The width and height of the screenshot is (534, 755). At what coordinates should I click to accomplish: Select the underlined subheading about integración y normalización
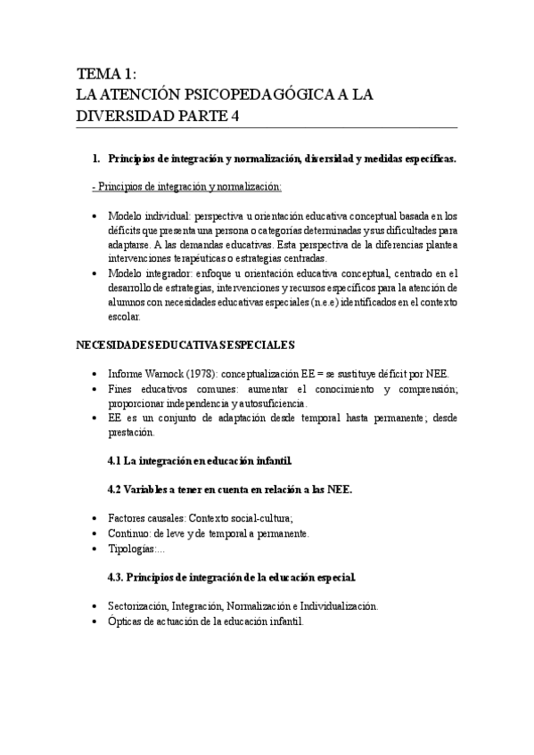187,186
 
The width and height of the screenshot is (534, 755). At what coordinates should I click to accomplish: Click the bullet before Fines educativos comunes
95,389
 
